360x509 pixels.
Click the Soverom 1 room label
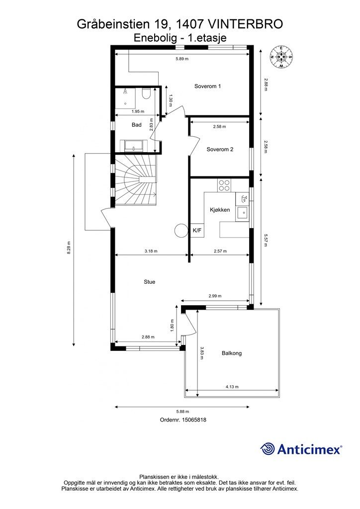click(x=207, y=86)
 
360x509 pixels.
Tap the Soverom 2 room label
click(x=220, y=150)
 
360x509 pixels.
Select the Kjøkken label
click(x=219, y=210)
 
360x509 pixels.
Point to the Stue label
click(x=149, y=282)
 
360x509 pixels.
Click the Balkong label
click(x=231, y=353)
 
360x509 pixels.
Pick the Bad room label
click(x=136, y=125)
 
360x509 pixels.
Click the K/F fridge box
click(x=197, y=231)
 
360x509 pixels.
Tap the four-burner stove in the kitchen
click(x=224, y=185)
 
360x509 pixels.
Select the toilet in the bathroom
click(x=146, y=93)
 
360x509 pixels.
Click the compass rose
click(x=281, y=57)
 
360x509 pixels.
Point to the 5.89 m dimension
click(x=182, y=59)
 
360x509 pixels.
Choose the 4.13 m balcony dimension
click(x=232, y=387)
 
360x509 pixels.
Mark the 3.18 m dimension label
click(x=151, y=251)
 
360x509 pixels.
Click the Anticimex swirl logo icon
click(x=267, y=449)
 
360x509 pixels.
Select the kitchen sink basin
click(x=242, y=213)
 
